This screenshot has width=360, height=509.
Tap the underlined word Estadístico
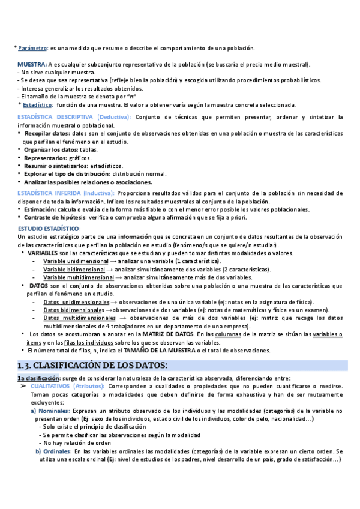click(38, 104)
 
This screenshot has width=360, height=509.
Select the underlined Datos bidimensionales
click(73, 310)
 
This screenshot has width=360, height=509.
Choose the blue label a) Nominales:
click(53, 411)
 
